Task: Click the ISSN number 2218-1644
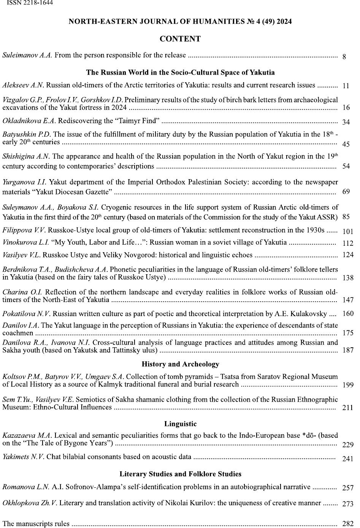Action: point(30,3)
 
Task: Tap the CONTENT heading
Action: point(180,39)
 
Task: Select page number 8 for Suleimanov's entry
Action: point(344,57)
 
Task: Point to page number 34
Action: point(346,122)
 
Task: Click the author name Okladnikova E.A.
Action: point(29,121)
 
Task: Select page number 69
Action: point(346,191)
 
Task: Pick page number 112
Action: point(348,243)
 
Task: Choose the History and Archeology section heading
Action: point(180,364)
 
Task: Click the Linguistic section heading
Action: point(180,424)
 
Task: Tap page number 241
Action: point(348,459)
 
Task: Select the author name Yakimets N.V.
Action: point(23,456)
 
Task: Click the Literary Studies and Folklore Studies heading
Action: point(180,474)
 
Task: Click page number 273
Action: point(348,504)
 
